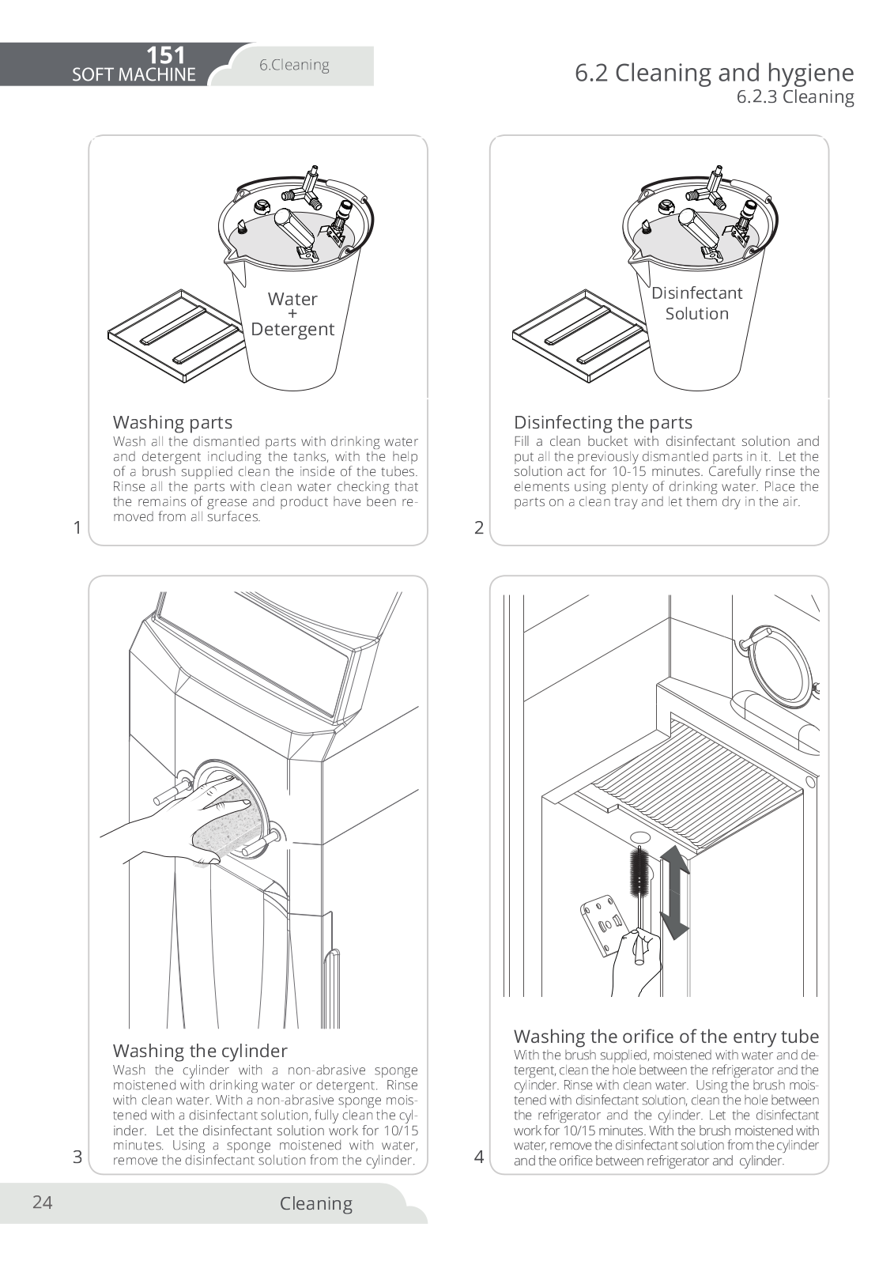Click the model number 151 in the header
pyautogui.click(x=165, y=55)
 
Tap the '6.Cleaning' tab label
pyautogui.click(x=294, y=65)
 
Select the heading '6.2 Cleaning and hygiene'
pyautogui.click(x=714, y=73)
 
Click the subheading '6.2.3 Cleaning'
pyautogui.click(x=795, y=97)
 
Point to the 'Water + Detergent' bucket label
pyautogui.click(x=292, y=314)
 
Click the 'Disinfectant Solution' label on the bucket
pyautogui.click(x=696, y=303)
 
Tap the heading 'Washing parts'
pyautogui.click(x=172, y=422)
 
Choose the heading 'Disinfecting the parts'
pyautogui.click(x=602, y=422)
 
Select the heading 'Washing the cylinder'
pyautogui.click(x=200, y=1051)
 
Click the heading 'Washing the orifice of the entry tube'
pyautogui.click(x=666, y=1037)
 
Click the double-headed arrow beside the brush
pyautogui.click(x=673, y=891)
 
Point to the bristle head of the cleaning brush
pyautogui.click(x=639, y=870)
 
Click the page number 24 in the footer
pyautogui.click(x=43, y=1203)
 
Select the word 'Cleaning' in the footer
pyautogui.click(x=315, y=1203)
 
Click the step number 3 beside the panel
pyautogui.click(x=77, y=1157)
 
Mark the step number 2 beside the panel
pyautogui.click(x=479, y=528)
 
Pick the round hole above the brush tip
pyautogui.click(x=640, y=837)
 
